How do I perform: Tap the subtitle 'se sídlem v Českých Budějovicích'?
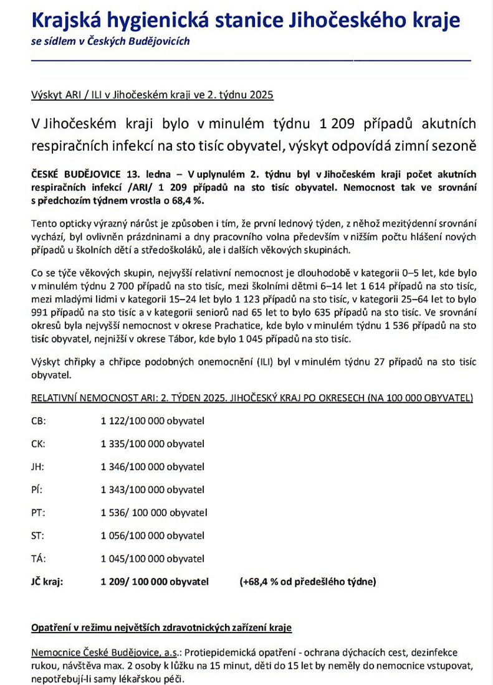tap(110, 42)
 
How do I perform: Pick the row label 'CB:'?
tap(38, 420)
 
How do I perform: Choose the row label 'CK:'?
tap(38, 443)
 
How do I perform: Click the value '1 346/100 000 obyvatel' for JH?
tap(152, 466)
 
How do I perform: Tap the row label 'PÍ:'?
tap(37, 489)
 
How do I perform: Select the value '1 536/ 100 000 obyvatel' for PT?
tap(153, 513)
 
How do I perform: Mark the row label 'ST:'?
tap(37, 536)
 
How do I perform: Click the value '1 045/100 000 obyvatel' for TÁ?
tap(152, 559)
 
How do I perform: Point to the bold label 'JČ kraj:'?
tap(47, 582)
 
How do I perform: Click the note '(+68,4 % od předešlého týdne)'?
tap(307, 582)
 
